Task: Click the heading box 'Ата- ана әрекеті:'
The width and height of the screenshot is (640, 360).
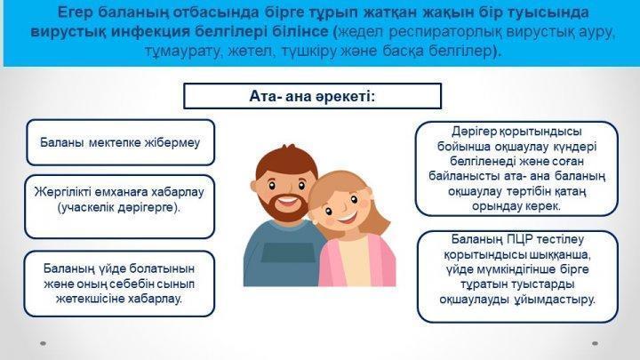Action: (312, 96)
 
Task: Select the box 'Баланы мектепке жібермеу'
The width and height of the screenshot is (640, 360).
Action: (120, 142)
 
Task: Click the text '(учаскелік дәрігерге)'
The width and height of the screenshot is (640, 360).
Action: (118, 207)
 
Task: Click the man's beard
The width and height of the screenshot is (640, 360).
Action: (284, 207)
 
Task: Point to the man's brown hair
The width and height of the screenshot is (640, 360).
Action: (285, 161)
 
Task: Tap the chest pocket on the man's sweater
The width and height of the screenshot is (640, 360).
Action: (288, 252)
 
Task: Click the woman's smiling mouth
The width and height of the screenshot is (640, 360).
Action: (345, 217)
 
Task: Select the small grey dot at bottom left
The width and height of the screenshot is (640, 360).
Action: (43, 344)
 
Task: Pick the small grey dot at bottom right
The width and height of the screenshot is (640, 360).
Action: (595, 344)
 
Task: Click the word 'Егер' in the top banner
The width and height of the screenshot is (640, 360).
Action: (75, 13)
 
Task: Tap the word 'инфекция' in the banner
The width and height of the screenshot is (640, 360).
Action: (148, 32)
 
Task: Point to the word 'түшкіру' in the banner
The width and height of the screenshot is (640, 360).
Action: (306, 52)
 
